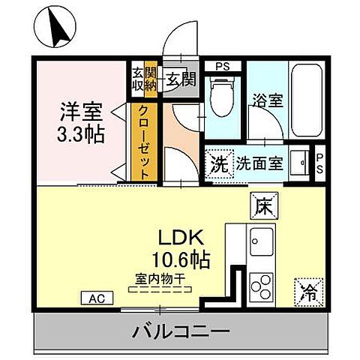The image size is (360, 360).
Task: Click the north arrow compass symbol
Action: tap(56, 26)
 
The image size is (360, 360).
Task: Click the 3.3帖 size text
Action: tap(79, 136)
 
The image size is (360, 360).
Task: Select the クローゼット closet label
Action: tap(145, 140)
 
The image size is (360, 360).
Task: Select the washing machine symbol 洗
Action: tap(219, 161)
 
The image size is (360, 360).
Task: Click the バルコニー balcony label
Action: tap(181, 330)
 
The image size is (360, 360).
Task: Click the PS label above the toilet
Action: tap(223, 66)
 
